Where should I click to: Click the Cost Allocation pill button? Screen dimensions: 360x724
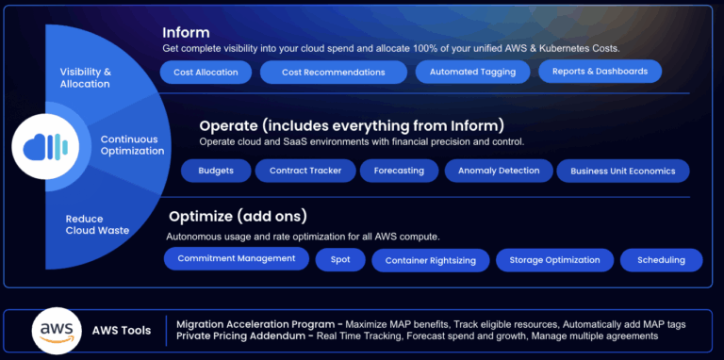click(x=206, y=72)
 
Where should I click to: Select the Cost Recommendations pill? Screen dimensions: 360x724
click(x=333, y=73)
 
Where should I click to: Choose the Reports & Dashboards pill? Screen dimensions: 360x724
click(x=600, y=71)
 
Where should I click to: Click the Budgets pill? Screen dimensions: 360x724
click(x=216, y=171)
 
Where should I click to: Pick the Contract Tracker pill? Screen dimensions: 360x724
click(x=305, y=171)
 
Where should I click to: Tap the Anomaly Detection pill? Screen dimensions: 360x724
click(x=499, y=171)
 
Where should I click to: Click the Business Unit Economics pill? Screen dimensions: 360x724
click(x=622, y=172)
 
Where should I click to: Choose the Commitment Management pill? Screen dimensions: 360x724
click(x=236, y=258)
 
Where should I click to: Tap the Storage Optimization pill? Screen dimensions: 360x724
click(x=554, y=260)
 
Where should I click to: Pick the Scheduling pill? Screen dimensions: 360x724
click(x=661, y=260)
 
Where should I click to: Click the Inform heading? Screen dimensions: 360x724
click(x=187, y=32)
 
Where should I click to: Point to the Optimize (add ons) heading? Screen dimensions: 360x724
click(x=238, y=215)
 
